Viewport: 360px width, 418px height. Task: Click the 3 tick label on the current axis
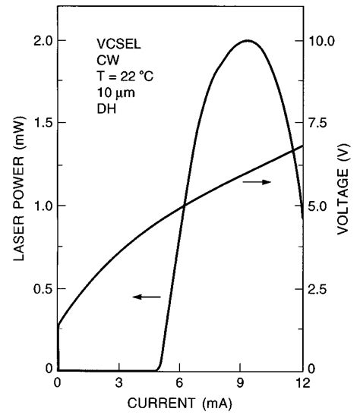[x=119, y=382]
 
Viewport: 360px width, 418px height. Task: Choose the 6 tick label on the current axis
[x=180, y=382]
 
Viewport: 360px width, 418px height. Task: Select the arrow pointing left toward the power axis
[x=147, y=297]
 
